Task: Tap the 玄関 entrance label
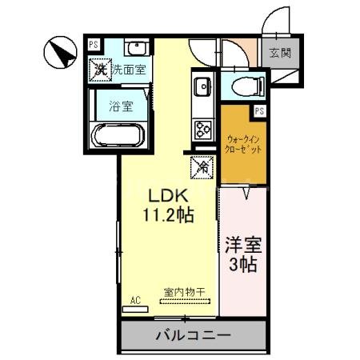click(x=280, y=54)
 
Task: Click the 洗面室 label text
click(x=128, y=70)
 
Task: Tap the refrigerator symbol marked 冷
click(x=202, y=167)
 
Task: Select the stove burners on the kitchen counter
click(x=202, y=128)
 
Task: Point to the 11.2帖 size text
click(x=169, y=214)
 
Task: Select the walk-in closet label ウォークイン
click(x=242, y=138)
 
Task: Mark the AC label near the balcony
click(x=135, y=300)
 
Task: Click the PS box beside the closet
click(x=258, y=110)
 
